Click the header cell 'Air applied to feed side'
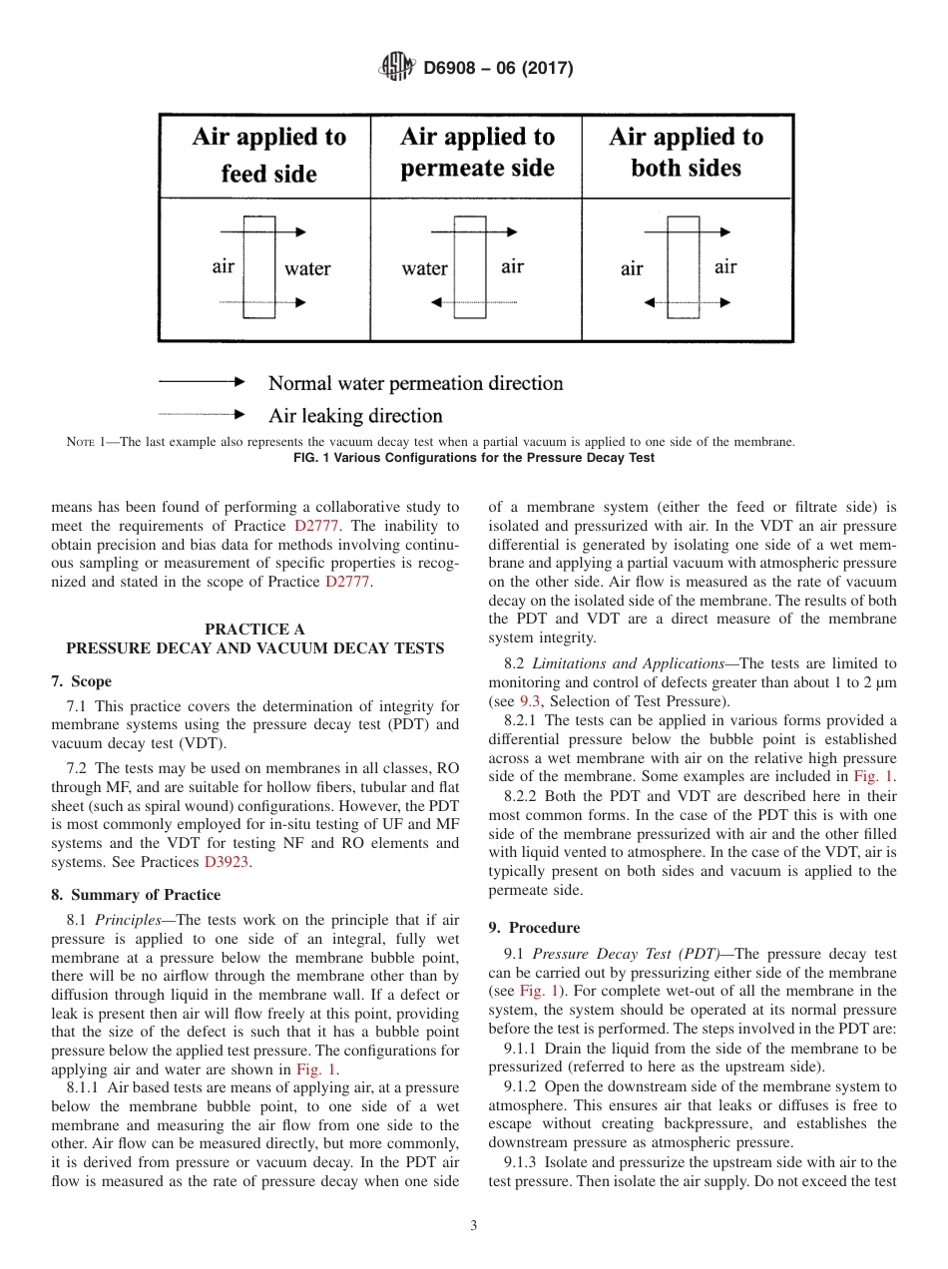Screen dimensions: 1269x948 [x=268, y=155]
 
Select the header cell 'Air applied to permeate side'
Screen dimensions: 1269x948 [x=477, y=152]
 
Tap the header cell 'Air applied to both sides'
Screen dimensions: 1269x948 [x=686, y=152]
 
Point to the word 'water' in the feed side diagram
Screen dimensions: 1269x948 [x=306, y=268]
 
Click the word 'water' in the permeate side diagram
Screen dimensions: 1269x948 [x=424, y=268]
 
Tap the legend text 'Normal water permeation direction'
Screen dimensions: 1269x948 [x=415, y=383]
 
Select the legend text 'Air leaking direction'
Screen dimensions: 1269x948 [x=355, y=416]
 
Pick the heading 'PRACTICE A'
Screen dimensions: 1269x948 [x=254, y=629]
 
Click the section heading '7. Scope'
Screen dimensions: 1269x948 [x=81, y=681]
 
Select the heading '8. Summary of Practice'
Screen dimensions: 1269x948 [x=136, y=895]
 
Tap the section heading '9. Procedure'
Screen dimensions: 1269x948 [x=534, y=927]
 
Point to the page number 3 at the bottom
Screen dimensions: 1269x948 [x=474, y=1226]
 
